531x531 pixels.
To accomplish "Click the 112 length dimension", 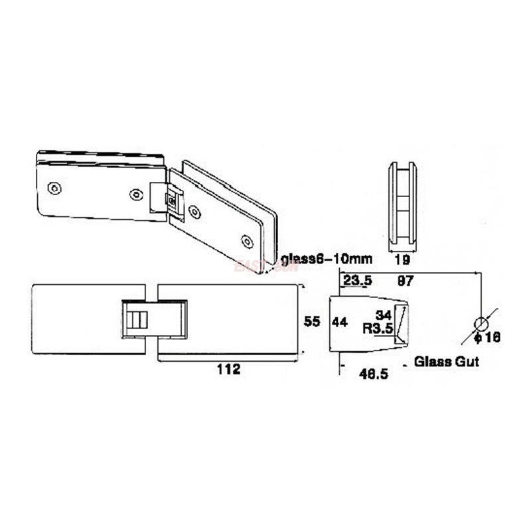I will click(228, 370).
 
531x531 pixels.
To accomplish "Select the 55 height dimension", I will click(312, 321).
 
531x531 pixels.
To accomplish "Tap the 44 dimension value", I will click(339, 322).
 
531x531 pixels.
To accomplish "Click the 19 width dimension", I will click(402, 260).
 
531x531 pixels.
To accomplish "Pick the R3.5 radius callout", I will click(379, 328).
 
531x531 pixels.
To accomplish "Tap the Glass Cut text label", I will click(446, 362).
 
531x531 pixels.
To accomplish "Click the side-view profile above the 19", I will click(402, 206).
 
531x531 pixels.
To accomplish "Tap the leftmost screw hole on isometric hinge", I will click(55, 189).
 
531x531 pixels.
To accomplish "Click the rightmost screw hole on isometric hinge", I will click(247, 241).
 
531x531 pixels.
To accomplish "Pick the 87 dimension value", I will click(406, 281).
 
